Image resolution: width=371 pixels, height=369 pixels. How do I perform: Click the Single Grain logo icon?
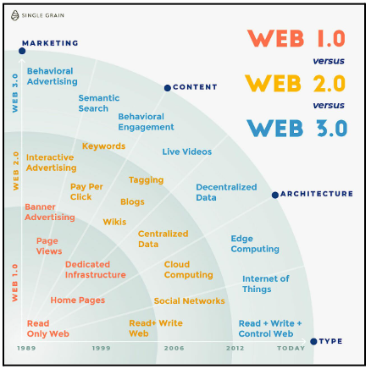[x=15, y=15]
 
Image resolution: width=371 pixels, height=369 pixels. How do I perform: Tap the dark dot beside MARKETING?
[x=22, y=51]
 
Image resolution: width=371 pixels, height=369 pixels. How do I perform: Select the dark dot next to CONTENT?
[x=168, y=88]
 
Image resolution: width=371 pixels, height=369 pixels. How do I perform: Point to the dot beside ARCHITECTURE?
[x=275, y=195]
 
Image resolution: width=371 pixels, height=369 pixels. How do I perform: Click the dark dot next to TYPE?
[x=313, y=341]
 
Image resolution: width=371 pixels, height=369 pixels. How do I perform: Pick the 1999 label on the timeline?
[x=101, y=348]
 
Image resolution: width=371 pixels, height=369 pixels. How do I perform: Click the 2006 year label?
[x=174, y=348]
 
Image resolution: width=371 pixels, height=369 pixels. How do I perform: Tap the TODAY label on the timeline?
[x=291, y=348]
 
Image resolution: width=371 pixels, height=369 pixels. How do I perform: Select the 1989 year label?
[x=26, y=348]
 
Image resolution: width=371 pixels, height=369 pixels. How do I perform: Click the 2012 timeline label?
[x=235, y=348]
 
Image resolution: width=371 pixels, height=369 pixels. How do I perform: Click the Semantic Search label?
[x=99, y=103]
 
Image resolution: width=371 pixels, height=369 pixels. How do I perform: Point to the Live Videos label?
[x=187, y=151]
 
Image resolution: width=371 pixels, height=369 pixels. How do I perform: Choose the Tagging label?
[x=146, y=180]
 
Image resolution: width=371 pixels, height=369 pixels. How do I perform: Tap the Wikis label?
[x=114, y=222]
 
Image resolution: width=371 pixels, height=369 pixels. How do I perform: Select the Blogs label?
[x=132, y=202]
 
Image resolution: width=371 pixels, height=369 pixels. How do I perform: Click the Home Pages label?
[x=78, y=300]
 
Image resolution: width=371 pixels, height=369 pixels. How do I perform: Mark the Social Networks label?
[x=190, y=301]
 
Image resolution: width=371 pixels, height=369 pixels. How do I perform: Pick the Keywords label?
[x=103, y=146]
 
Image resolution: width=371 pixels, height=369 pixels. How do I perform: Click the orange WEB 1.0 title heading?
[x=296, y=38]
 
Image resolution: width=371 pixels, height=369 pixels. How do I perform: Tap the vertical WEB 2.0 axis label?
[x=16, y=171]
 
